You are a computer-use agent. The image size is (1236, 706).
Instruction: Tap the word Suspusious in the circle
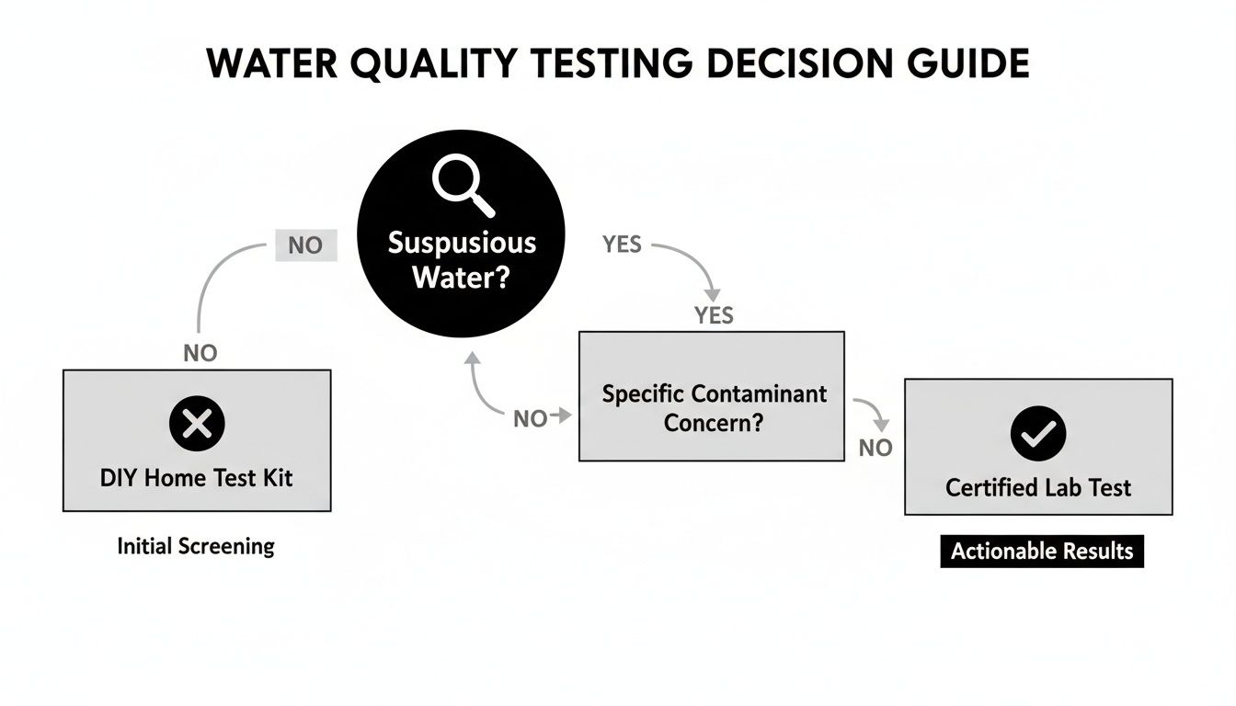click(461, 243)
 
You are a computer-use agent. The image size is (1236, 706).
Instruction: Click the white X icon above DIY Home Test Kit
click(197, 424)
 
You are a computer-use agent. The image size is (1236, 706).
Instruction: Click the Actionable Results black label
click(1041, 552)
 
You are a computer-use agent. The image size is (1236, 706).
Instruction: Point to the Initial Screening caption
click(196, 546)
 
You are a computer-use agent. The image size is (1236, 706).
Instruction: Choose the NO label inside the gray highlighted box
click(306, 246)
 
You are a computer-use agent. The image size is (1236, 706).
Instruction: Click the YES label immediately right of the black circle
click(622, 245)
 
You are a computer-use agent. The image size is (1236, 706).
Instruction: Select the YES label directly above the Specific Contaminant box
click(714, 315)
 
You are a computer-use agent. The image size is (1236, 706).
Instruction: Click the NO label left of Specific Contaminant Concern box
click(530, 419)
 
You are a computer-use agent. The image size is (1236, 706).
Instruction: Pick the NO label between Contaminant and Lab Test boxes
click(875, 448)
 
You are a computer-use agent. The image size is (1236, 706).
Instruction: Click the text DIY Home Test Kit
click(196, 477)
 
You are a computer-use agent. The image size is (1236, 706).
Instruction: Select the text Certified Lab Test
click(1038, 487)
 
